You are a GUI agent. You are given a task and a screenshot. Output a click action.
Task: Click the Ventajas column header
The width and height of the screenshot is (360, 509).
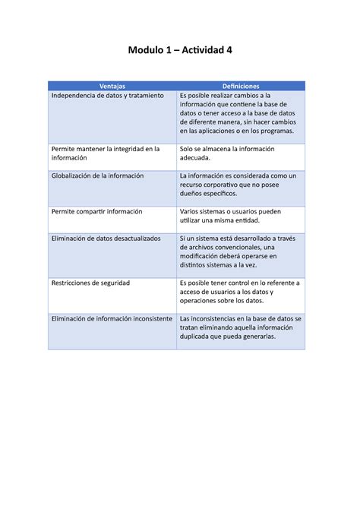pos(112,87)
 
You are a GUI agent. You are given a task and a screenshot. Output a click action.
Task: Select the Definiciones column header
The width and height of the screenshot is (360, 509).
pos(241,87)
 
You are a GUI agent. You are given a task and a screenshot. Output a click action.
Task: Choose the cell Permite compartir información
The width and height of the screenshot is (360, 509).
pos(96,211)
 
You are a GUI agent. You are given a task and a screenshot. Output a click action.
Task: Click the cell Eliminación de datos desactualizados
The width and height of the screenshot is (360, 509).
pos(106,239)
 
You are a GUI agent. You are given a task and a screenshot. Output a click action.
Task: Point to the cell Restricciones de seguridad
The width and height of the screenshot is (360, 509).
pos(90,283)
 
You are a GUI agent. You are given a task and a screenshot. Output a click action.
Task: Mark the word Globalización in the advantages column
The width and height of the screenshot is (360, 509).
pos(73,175)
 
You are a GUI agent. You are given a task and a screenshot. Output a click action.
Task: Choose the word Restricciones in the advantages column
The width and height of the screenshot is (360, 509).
pos(72,283)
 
